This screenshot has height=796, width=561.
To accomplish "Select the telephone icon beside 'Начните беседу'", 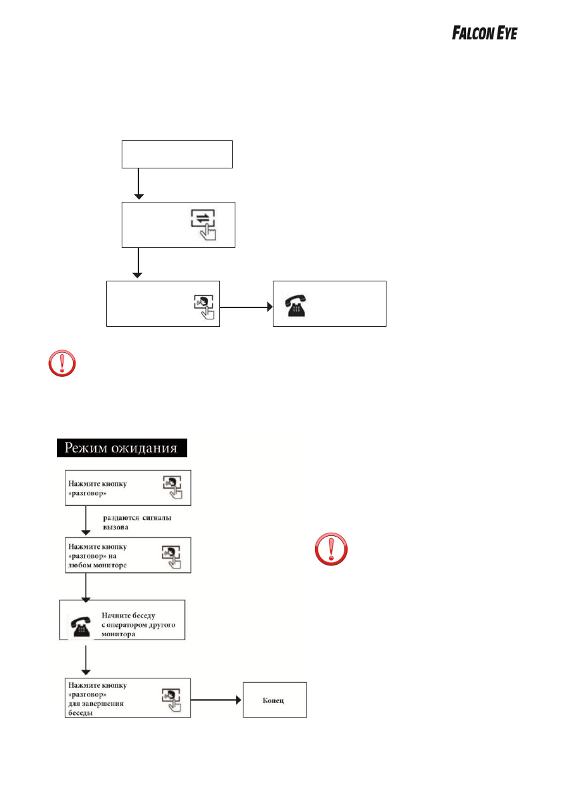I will click(81, 624).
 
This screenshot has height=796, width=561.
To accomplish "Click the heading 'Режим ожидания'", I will click(121, 448).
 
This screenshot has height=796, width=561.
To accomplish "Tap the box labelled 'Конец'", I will click(274, 700).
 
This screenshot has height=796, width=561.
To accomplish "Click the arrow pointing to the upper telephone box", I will click(246, 307).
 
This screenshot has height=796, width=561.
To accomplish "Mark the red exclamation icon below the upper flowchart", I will click(62, 364).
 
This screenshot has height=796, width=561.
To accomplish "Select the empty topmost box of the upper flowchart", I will click(177, 154).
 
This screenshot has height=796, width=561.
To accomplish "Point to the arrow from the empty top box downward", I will click(138, 184).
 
